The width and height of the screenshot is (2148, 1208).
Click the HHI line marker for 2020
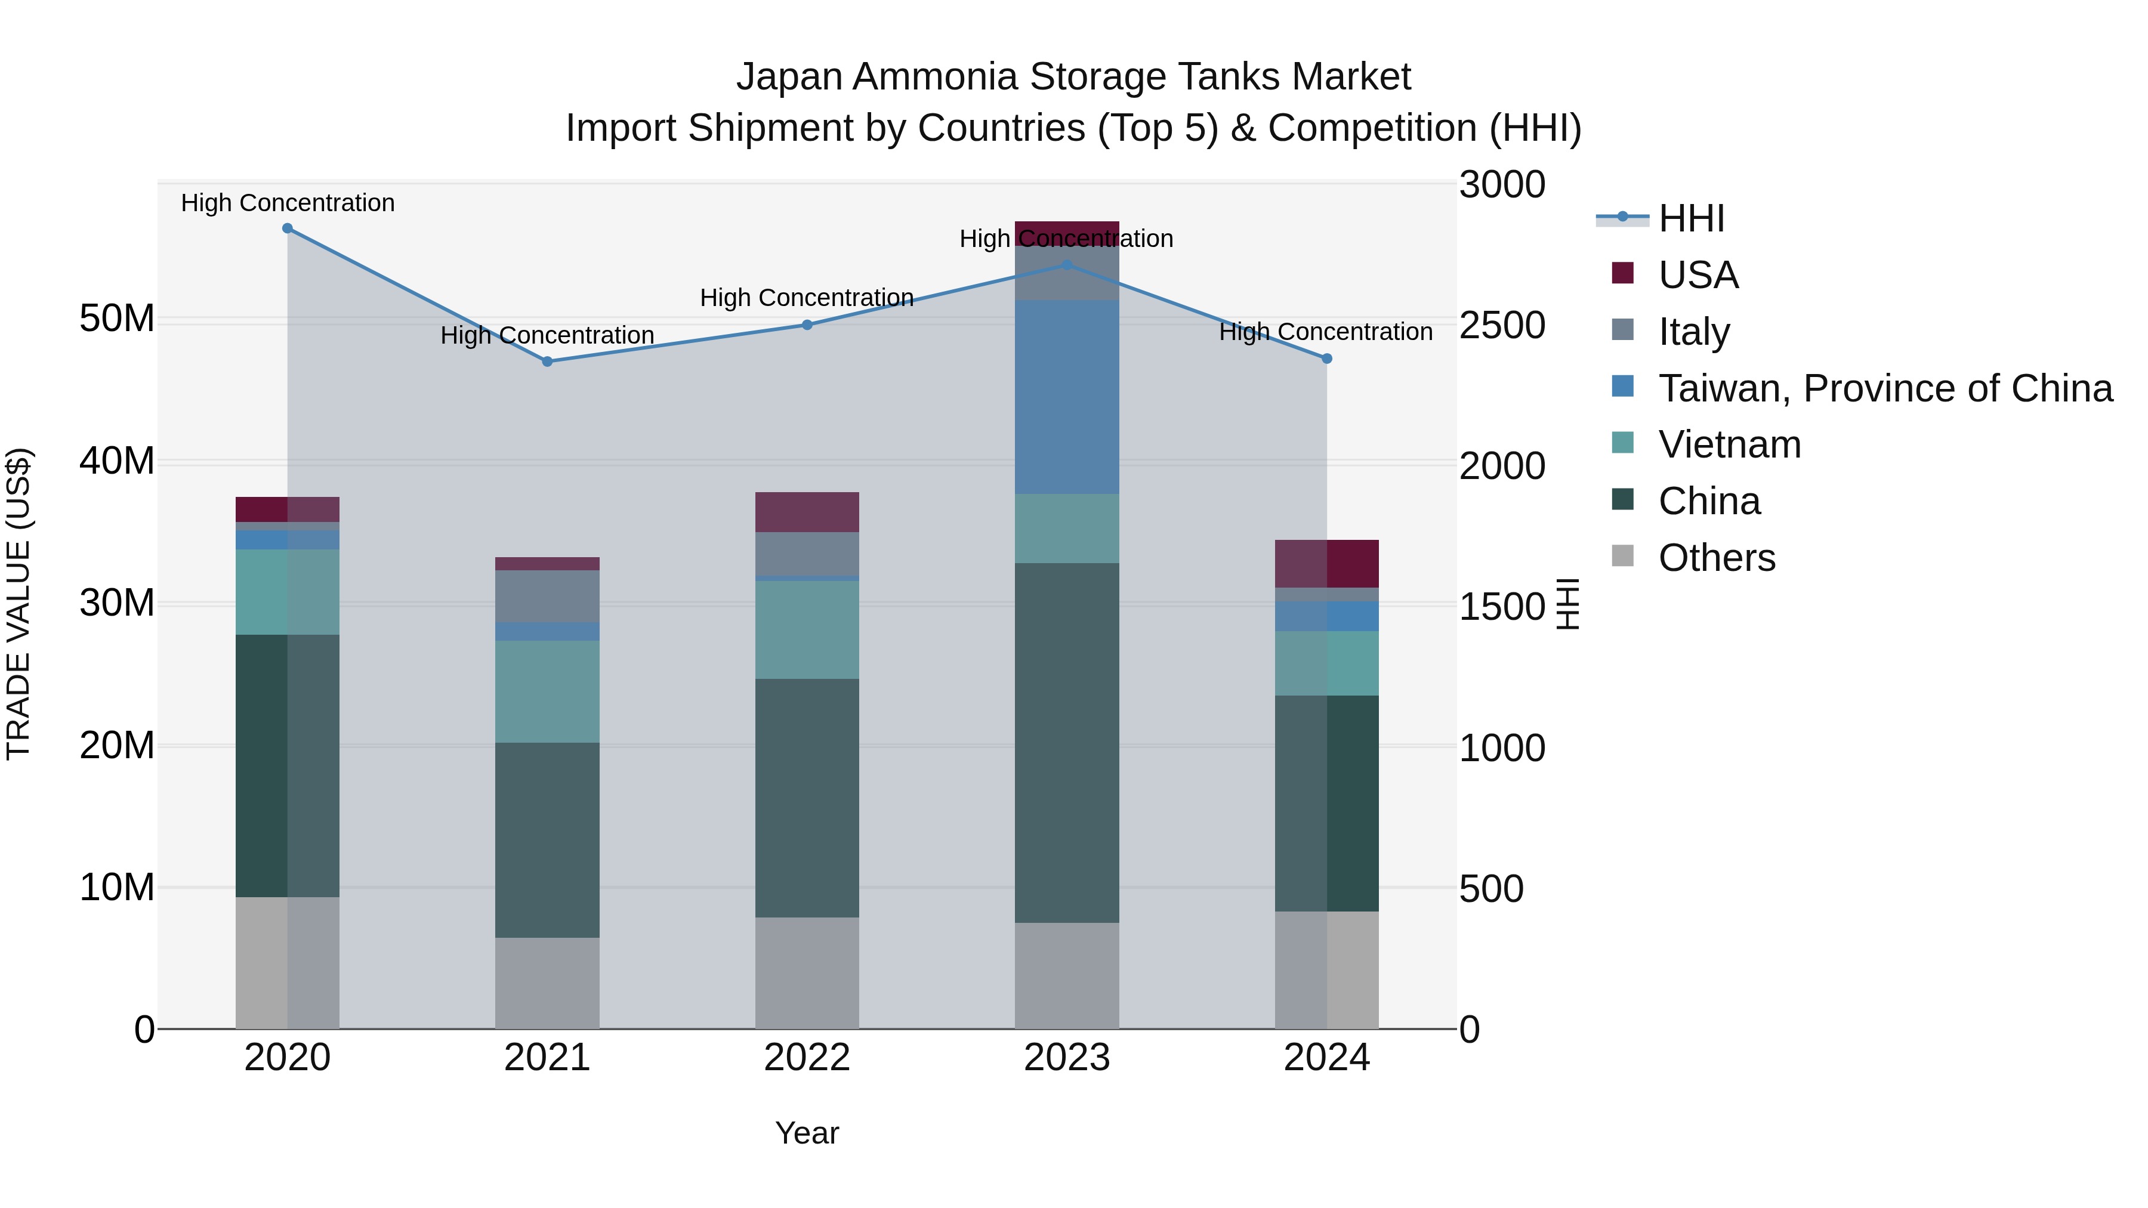point(288,228)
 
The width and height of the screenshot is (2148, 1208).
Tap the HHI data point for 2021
point(547,362)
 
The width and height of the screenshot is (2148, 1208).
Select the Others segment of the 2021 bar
point(547,983)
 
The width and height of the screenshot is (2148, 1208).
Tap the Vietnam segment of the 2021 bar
point(547,691)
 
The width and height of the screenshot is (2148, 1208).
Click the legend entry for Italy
point(1693,332)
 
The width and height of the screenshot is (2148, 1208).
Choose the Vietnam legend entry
point(1729,444)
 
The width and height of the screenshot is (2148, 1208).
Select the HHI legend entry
point(1691,218)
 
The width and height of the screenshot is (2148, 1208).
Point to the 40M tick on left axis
point(117,461)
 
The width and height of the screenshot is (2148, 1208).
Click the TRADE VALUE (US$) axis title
point(18,604)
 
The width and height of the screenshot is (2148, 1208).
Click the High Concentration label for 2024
point(1326,332)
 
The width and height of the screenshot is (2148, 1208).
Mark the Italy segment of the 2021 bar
point(547,596)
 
